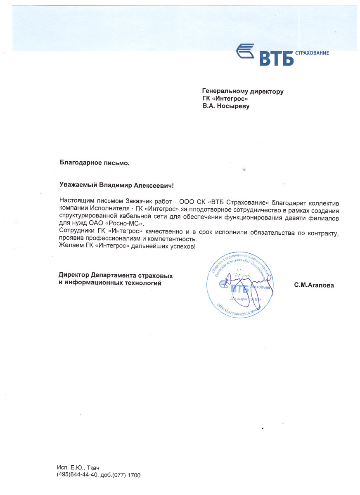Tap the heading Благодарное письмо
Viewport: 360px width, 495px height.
(95, 163)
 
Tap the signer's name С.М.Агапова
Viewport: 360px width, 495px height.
(314, 285)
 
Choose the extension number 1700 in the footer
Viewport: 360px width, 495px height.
(134, 475)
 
